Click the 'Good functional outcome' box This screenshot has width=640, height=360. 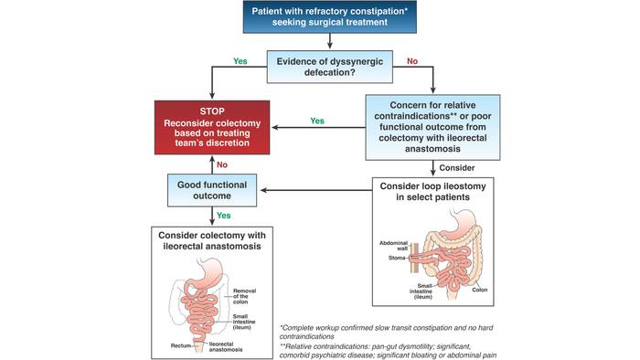213,190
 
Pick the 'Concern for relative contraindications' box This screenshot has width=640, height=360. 442,126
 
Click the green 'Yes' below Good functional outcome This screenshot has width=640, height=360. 223,216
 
